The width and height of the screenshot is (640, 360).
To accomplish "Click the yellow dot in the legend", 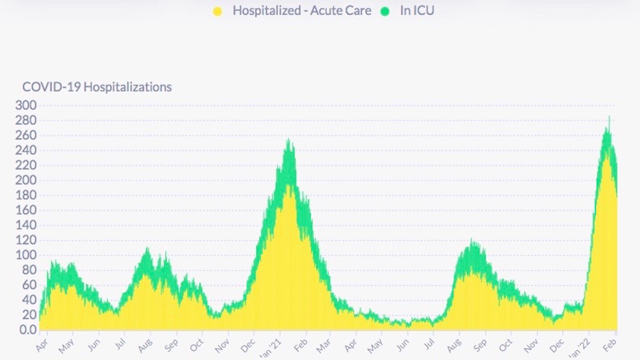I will [x=217, y=11].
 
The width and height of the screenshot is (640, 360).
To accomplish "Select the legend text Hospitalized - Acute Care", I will [x=301, y=11].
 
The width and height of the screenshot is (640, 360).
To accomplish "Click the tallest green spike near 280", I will [x=609, y=117].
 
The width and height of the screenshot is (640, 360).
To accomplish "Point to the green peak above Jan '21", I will [x=289, y=140].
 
